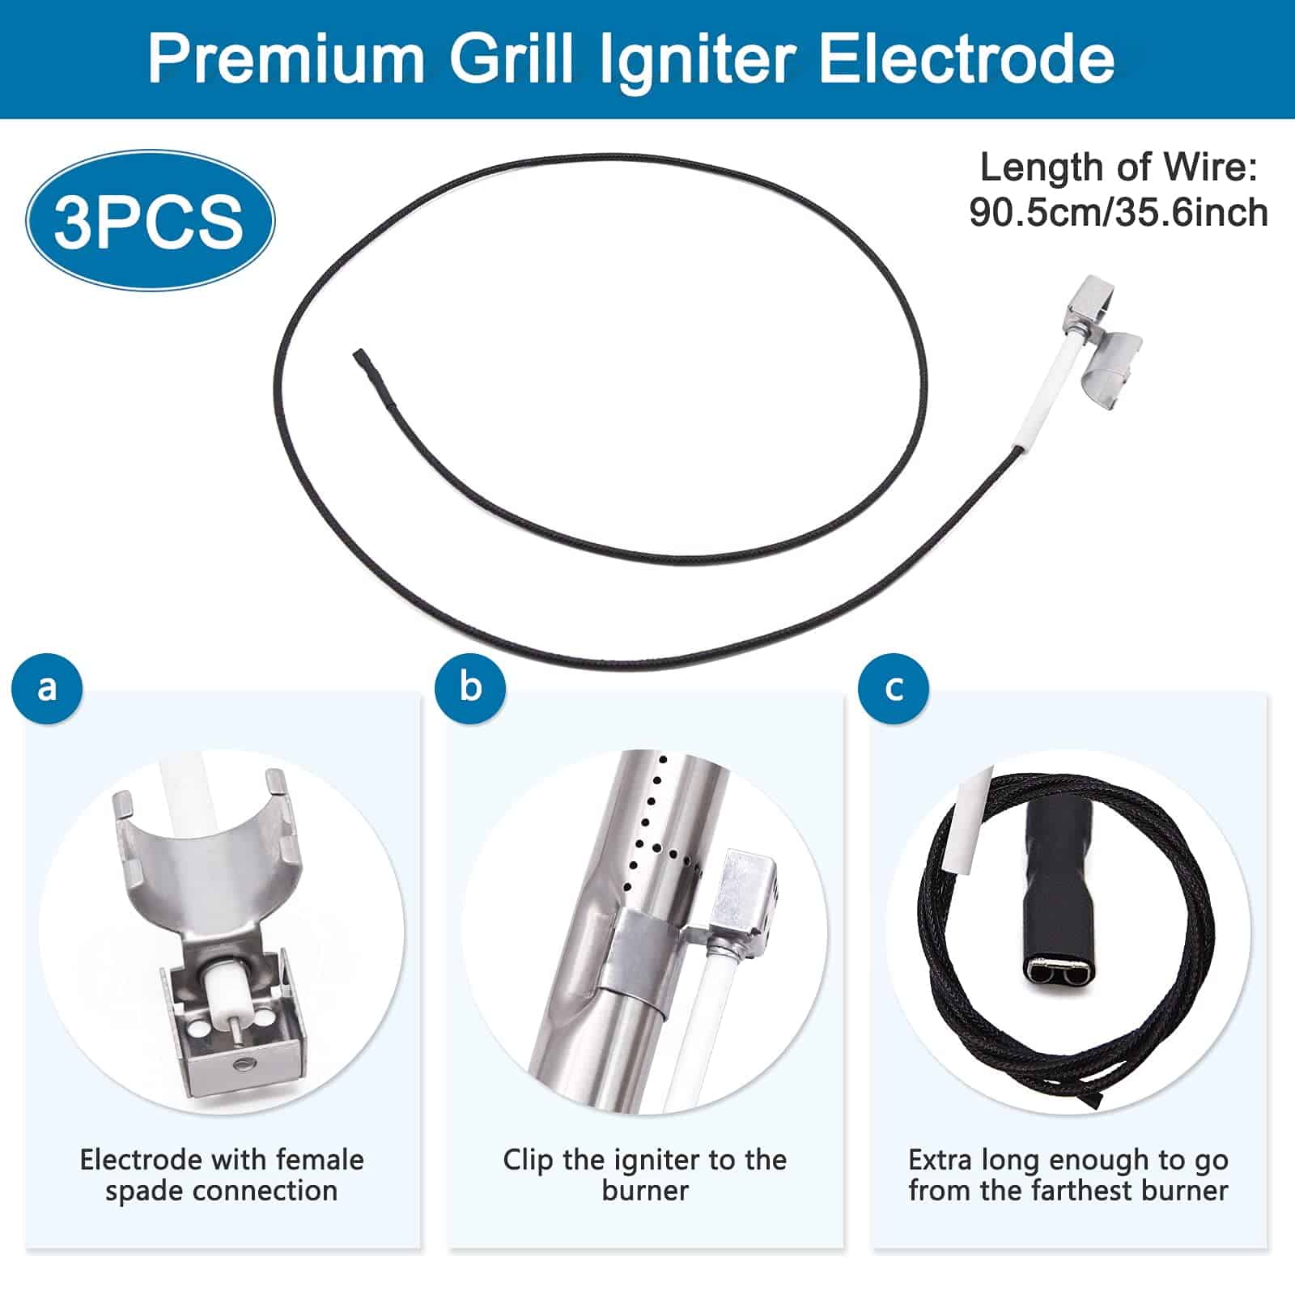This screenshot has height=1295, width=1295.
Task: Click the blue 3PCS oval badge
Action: coord(150,220)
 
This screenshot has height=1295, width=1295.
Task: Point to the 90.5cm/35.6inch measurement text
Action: coord(1118,213)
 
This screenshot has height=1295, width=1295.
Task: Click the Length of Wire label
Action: coord(1118,168)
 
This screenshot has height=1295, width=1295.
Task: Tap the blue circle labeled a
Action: coord(47,688)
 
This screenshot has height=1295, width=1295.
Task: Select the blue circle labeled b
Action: coord(470,688)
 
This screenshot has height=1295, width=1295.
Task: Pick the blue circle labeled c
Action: coord(894,688)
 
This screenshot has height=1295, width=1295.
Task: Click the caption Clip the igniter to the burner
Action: coord(644,1175)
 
